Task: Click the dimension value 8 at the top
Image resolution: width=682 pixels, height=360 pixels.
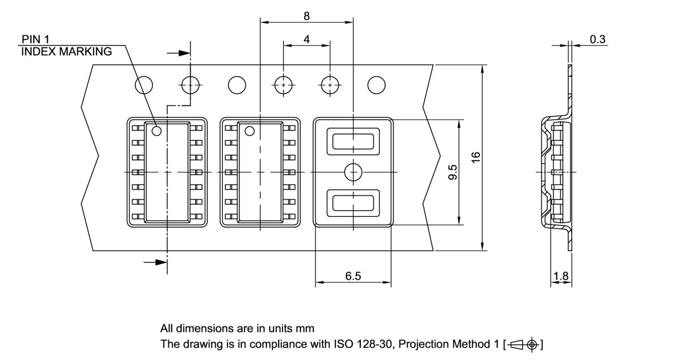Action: coord(306,16)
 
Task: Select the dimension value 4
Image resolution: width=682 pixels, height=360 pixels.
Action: coord(306,39)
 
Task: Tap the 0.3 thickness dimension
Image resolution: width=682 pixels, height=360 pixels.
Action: coord(597,39)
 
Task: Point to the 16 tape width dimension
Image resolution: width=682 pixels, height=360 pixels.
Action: coord(476,157)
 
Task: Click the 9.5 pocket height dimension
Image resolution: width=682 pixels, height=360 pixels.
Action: coord(452,172)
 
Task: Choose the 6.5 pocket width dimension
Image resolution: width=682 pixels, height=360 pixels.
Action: coord(353,276)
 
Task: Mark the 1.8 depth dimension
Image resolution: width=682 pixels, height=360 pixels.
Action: coord(561,276)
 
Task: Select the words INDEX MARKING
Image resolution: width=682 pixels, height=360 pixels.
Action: coord(66,52)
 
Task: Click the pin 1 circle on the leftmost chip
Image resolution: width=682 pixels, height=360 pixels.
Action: coord(157,130)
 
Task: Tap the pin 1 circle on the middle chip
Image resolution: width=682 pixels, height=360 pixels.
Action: coord(249,130)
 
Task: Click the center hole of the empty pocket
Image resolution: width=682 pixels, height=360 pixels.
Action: coord(353,172)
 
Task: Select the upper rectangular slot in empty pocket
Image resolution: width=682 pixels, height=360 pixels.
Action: coord(353,142)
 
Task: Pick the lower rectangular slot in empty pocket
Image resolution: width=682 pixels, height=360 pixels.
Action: coord(353,203)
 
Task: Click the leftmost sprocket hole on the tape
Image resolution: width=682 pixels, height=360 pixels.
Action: coord(144,85)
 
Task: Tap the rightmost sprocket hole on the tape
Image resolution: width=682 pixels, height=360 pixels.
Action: coord(376,85)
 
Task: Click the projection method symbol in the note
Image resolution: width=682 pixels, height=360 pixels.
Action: coord(524,345)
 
